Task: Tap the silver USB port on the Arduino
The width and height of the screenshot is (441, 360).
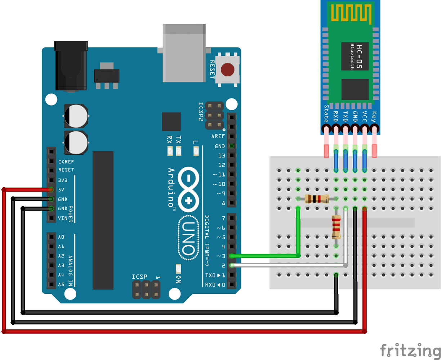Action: pos(184,53)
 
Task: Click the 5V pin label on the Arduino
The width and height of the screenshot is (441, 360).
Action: pos(61,189)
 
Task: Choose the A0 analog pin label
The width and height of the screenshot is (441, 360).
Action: pos(61,237)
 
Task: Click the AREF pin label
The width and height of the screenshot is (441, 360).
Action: pos(218,136)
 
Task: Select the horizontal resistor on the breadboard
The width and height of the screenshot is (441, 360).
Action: pos(317,198)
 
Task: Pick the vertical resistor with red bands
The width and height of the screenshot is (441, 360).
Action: pos(336,227)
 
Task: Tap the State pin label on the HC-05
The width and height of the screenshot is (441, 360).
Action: pos(326,113)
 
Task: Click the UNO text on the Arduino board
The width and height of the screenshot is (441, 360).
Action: pos(188,238)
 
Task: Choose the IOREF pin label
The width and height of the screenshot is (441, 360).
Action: pos(66,162)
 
